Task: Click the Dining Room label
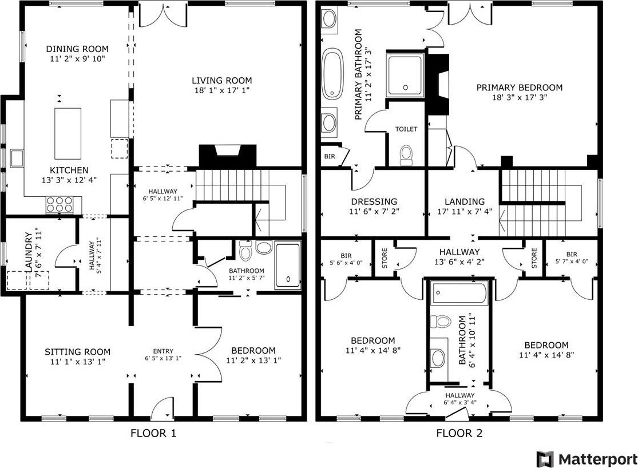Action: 77,49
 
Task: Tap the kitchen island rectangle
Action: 68,133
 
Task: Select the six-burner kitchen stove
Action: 60,204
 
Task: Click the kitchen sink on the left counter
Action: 17,158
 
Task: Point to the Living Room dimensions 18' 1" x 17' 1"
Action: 222,90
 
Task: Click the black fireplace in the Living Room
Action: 228,156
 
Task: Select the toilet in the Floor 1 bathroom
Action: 245,251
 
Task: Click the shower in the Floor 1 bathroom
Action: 288,265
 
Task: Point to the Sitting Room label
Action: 77,352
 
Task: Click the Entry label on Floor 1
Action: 163,351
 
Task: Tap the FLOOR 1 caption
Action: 153,433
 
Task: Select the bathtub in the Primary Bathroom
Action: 333,74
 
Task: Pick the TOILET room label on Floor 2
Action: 406,129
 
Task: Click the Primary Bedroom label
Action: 520,87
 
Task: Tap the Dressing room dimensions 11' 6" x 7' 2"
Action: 374,211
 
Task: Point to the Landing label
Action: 465,201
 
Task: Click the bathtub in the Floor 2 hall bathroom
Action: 460,293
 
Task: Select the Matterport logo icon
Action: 545,459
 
